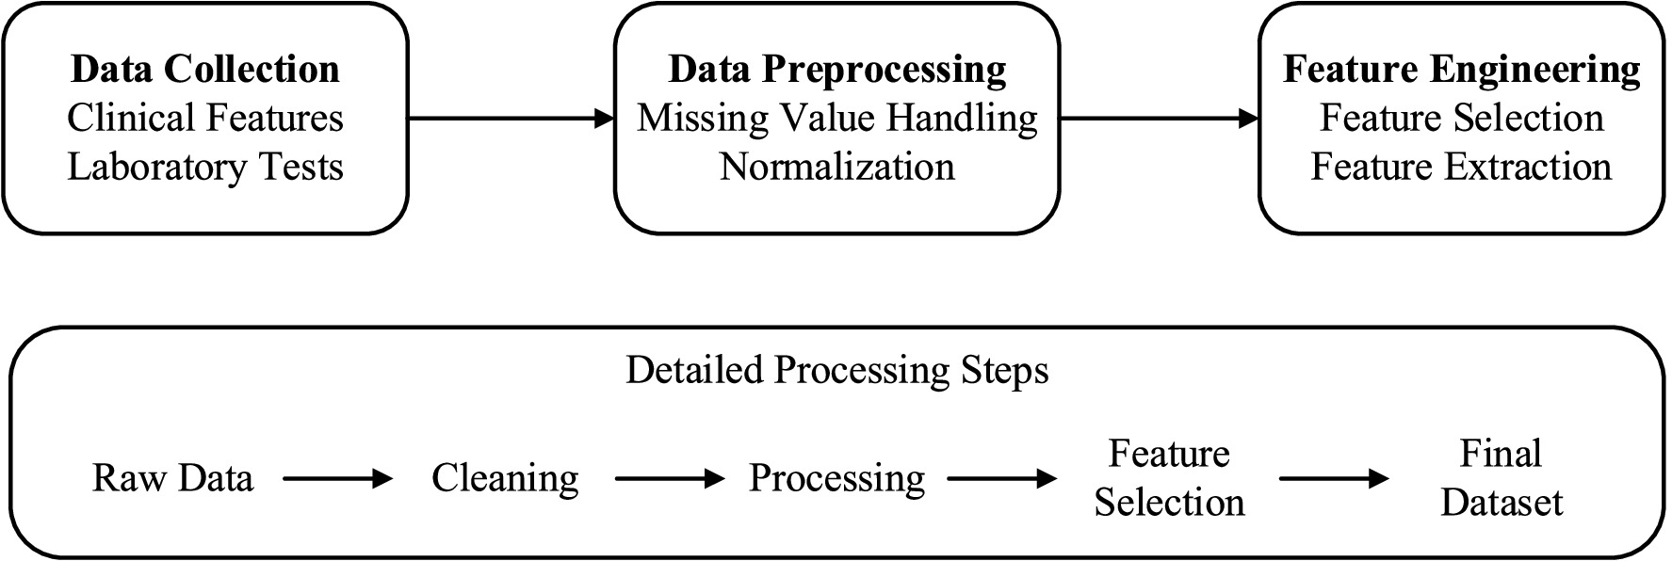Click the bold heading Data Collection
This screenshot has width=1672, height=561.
(205, 70)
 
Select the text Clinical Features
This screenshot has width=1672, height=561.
(205, 119)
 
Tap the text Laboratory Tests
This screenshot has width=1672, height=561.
(205, 168)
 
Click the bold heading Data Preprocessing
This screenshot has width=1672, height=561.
(836, 70)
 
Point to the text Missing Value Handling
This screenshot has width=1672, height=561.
(836, 119)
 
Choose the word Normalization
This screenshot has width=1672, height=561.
(836, 168)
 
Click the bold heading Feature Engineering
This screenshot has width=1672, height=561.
(1461, 70)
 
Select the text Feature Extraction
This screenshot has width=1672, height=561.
(1461, 168)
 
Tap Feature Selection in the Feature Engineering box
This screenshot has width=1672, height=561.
(1461, 119)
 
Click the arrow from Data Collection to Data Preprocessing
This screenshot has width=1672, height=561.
(511, 119)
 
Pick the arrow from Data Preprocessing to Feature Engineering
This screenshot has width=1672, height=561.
(1160, 119)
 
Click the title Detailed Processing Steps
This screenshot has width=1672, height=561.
(836, 371)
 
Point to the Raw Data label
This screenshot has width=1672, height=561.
(173, 478)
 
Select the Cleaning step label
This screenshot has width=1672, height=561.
(505, 478)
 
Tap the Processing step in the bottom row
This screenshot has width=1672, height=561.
(836, 478)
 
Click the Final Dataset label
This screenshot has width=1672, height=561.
(1501, 478)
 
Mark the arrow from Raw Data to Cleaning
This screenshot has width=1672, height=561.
(337, 478)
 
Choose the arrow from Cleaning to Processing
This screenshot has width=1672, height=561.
(669, 478)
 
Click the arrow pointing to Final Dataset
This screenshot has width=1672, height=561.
(1333, 478)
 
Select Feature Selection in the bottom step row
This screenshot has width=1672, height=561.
(1169, 478)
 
